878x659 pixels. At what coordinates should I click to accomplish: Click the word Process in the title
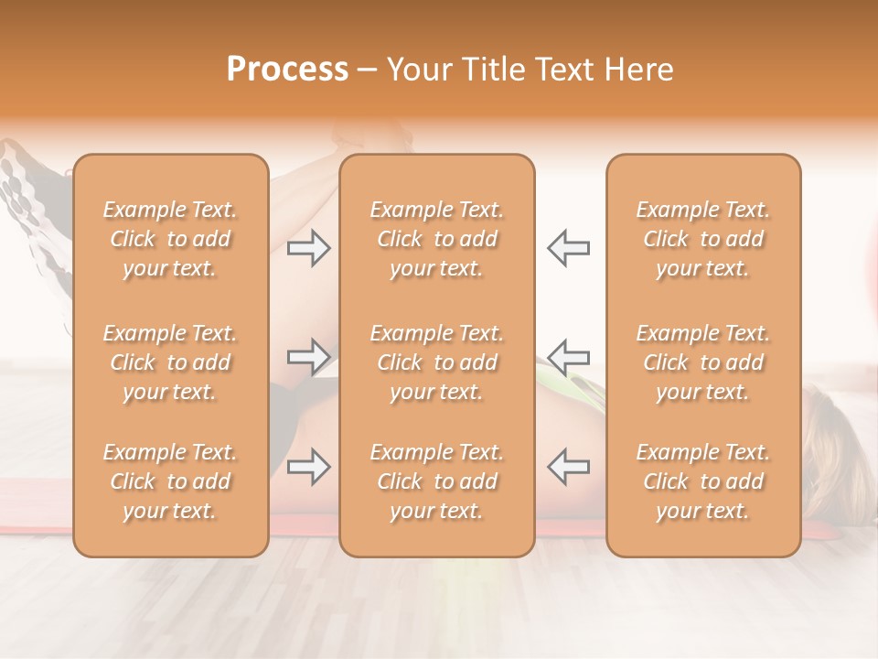287,70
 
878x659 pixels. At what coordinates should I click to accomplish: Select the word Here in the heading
640,70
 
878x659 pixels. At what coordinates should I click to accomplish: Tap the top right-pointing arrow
308,248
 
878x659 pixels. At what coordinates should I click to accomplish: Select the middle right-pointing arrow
308,357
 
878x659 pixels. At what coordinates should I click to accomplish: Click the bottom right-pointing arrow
308,467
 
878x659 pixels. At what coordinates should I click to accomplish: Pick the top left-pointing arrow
569,248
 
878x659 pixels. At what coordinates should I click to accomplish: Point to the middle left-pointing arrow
569,357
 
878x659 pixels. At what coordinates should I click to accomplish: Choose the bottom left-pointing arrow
569,467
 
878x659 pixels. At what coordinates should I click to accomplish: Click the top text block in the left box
170,239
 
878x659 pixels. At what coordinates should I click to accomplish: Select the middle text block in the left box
170,362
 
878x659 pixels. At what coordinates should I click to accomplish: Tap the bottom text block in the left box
170,481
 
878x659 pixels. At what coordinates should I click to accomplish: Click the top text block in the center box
437,239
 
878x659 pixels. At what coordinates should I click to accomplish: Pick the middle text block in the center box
437,362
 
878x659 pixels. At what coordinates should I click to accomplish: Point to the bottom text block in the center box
437,481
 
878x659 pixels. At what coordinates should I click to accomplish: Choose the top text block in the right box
703,239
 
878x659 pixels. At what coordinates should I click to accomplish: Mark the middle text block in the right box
703,362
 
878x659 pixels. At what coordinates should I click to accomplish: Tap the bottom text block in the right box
703,481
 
